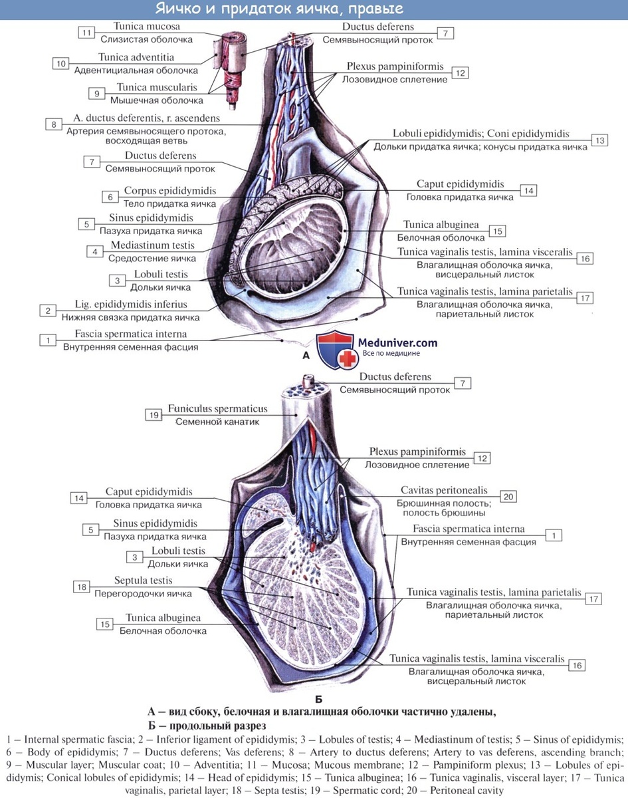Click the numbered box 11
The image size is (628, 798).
[86, 33]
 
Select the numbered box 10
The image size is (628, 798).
[60, 63]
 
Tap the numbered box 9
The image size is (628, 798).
[97, 94]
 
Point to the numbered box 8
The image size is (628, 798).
[54, 124]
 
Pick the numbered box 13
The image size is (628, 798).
[600, 140]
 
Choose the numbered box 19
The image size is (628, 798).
[154, 415]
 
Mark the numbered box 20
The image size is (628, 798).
[508, 497]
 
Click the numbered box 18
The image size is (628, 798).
[82, 587]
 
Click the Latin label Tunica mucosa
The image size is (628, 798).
[147, 27]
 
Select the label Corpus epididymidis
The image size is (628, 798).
[170, 191]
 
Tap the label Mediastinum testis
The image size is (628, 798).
[153, 245]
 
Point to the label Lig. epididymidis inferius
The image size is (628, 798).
[131, 304]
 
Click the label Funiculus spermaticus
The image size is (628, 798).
[217, 408]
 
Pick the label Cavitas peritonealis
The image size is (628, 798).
[444, 490]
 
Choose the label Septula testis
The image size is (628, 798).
[143, 580]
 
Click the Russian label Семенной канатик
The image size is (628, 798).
[217, 422]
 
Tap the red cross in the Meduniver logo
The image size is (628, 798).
[348, 358]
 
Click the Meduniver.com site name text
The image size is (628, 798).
[397, 342]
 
